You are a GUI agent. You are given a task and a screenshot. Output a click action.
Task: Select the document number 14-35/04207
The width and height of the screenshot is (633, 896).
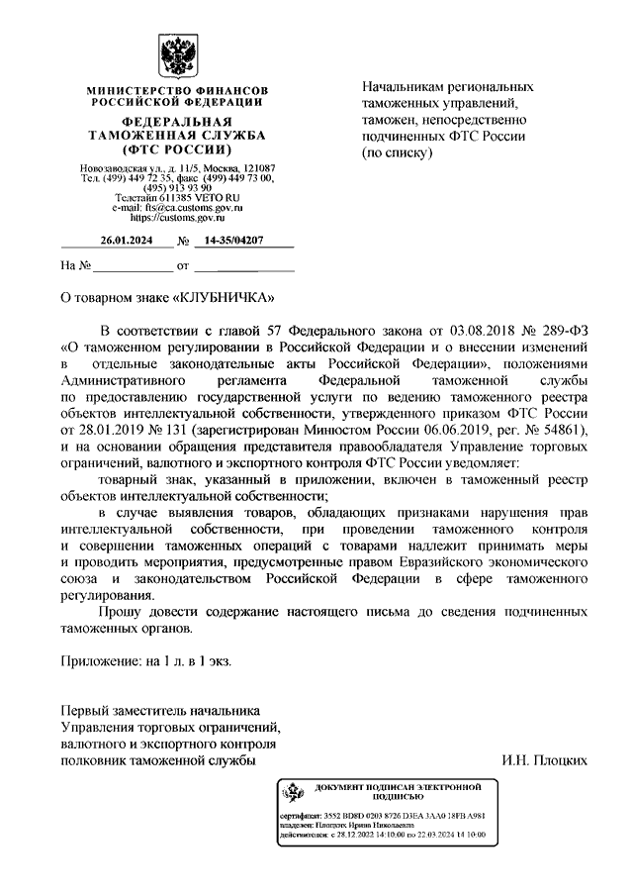(x=235, y=241)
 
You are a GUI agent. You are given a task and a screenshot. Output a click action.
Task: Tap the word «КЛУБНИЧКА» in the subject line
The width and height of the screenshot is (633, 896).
(x=221, y=297)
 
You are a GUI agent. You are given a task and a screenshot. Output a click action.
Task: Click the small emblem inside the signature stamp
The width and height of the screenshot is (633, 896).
(x=293, y=791)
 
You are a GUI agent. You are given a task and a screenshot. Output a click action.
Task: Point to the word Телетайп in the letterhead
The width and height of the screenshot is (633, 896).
(x=139, y=197)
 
